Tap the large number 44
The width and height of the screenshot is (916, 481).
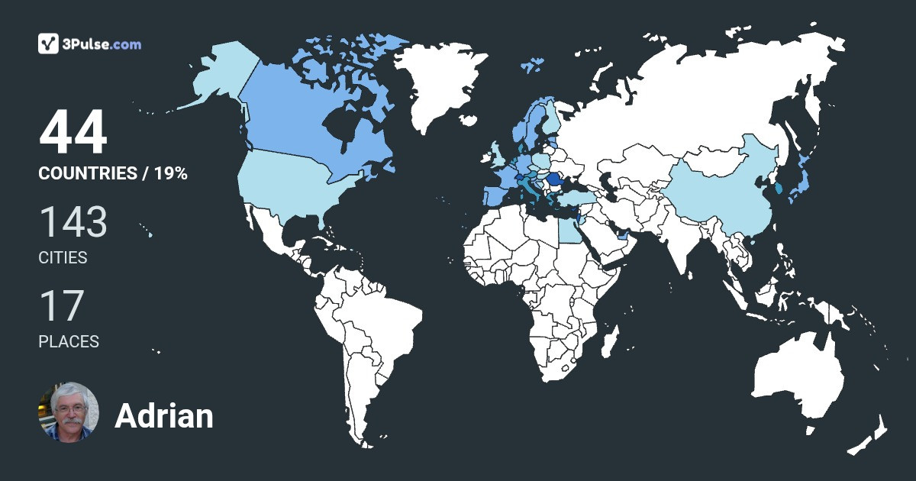coord(73,133)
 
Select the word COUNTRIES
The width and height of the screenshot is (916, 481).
coord(87,173)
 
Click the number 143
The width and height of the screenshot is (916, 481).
coord(73,221)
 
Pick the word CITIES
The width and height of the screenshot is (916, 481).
coord(63,258)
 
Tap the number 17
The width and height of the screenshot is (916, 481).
coord(61,305)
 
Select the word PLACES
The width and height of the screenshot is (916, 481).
coord(69,342)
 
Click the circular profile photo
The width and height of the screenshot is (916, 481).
coord(69,412)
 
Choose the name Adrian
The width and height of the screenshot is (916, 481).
coord(164,416)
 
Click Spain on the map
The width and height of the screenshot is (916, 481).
coord(495,194)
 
